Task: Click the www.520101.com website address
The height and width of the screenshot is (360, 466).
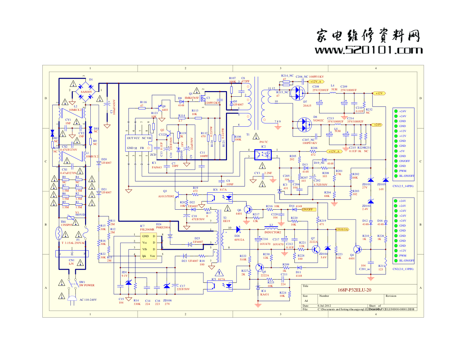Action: click(x=369, y=50)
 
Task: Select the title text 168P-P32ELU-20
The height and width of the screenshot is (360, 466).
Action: click(x=354, y=290)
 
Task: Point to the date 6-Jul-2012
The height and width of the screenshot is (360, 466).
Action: click(x=324, y=306)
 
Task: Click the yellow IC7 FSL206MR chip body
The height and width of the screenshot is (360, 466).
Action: click(x=149, y=246)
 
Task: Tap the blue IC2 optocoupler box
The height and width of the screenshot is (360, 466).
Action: click(x=263, y=154)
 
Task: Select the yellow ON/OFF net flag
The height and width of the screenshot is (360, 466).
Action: click(x=307, y=209)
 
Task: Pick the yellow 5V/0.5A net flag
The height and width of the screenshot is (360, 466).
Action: click(x=342, y=229)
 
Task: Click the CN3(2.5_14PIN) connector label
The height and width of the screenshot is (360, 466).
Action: click(x=403, y=186)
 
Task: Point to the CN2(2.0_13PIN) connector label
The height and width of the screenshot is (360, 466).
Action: click(x=403, y=269)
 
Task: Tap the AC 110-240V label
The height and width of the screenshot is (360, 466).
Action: click(x=88, y=300)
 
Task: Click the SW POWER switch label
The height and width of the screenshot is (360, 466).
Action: click(x=87, y=285)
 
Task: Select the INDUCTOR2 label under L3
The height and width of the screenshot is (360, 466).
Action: click(x=273, y=232)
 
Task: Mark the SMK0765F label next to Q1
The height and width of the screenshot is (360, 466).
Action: click(x=192, y=98)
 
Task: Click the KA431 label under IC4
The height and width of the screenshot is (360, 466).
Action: click(x=264, y=294)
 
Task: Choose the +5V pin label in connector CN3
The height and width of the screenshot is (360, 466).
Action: click(x=402, y=151)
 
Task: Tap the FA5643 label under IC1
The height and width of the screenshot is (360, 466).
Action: click(x=157, y=167)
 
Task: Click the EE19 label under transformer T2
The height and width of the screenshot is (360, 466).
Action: click(x=226, y=221)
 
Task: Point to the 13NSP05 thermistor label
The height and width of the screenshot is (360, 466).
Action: click(x=66, y=225)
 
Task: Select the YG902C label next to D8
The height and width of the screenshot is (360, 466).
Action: click(x=319, y=120)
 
